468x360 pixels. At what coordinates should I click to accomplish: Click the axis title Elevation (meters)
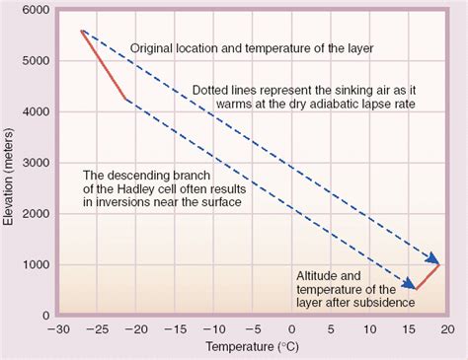[11, 163]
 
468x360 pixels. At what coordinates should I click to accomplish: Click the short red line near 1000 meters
[428, 277]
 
